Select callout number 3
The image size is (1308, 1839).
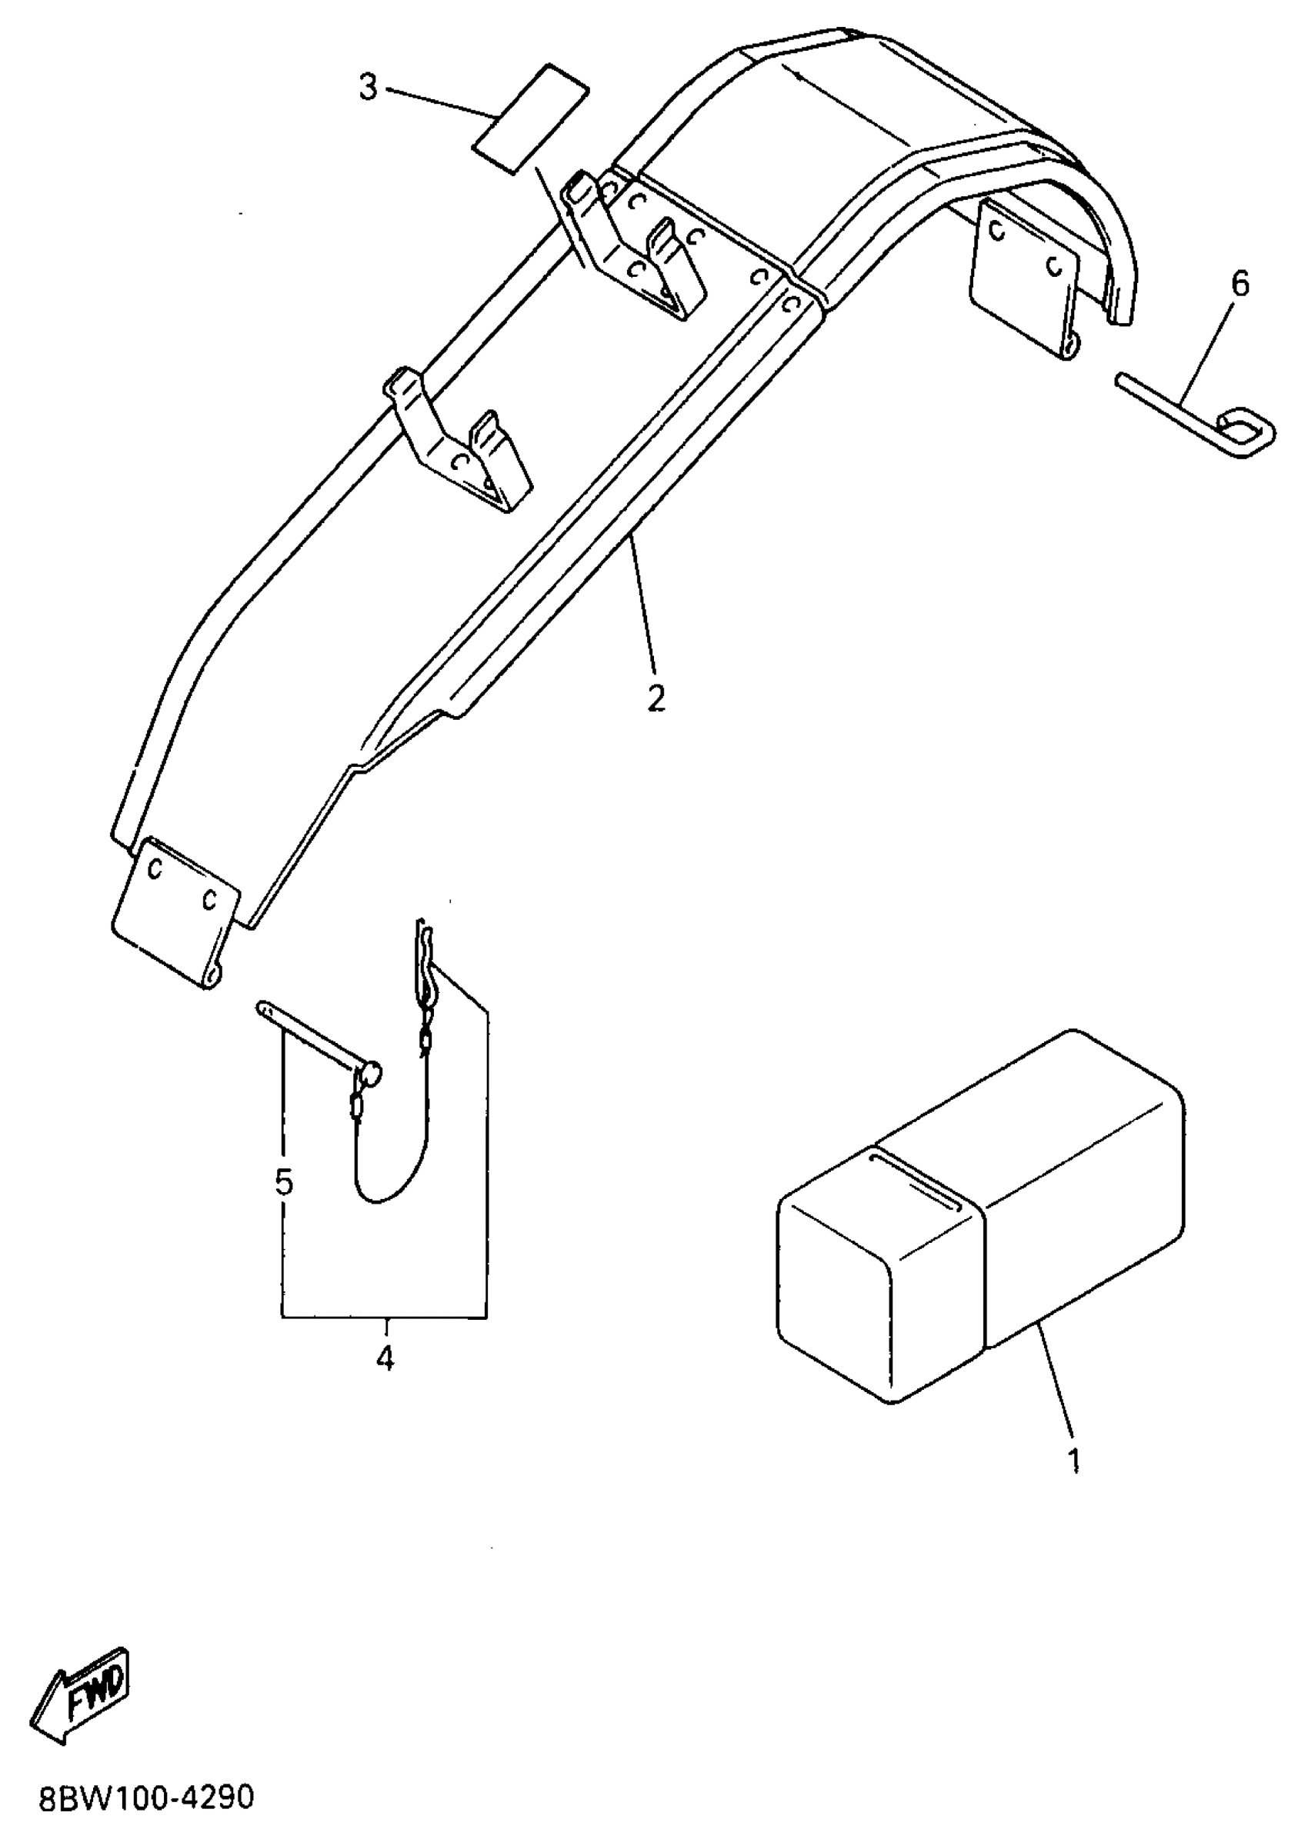pos(368,88)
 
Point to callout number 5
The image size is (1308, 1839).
pos(283,1183)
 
